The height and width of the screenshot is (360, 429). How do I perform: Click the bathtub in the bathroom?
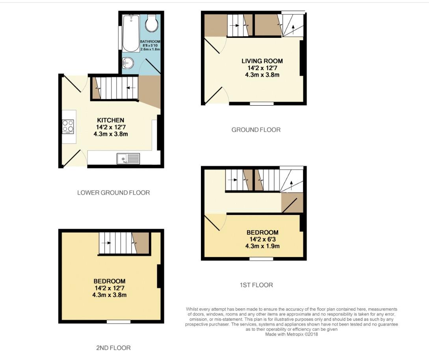(x=130, y=34)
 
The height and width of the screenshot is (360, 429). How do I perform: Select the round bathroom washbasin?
(x=128, y=63)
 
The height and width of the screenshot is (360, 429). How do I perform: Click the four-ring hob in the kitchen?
(x=68, y=126)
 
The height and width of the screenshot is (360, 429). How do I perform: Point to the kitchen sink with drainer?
(x=128, y=159)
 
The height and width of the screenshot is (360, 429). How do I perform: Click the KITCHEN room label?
(x=111, y=120)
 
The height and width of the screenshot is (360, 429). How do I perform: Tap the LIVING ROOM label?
(x=262, y=61)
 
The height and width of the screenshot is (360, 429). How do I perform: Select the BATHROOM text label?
(x=150, y=41)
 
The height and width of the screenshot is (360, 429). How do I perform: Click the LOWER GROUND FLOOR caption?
(x=113, y=193)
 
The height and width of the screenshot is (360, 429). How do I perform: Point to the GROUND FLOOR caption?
(x=256, y=130)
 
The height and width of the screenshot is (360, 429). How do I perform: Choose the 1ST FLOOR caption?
(x=256, y=285)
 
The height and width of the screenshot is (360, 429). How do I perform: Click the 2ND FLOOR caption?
(x=113, y=348)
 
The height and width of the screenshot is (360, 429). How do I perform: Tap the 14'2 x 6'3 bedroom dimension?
(x=262, y=239)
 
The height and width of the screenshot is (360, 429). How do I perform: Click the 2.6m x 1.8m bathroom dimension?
(x=150, y=49)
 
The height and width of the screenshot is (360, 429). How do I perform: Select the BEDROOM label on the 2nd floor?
(x=110, y=281)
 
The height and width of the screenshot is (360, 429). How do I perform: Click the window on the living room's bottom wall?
(x=262, y=104)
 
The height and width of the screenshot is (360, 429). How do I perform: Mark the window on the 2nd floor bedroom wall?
(x=119, y=322)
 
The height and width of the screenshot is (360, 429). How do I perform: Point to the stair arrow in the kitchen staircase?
(x=131, y=88)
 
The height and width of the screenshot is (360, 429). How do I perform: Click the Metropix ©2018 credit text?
(x=291, y=334)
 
